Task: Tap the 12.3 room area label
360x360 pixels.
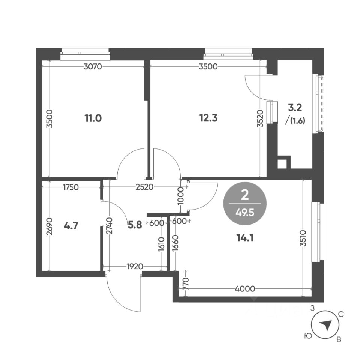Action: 208,118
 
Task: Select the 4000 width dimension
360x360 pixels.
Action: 245,289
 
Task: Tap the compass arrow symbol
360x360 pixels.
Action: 327,325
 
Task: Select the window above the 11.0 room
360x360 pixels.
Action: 85,54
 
